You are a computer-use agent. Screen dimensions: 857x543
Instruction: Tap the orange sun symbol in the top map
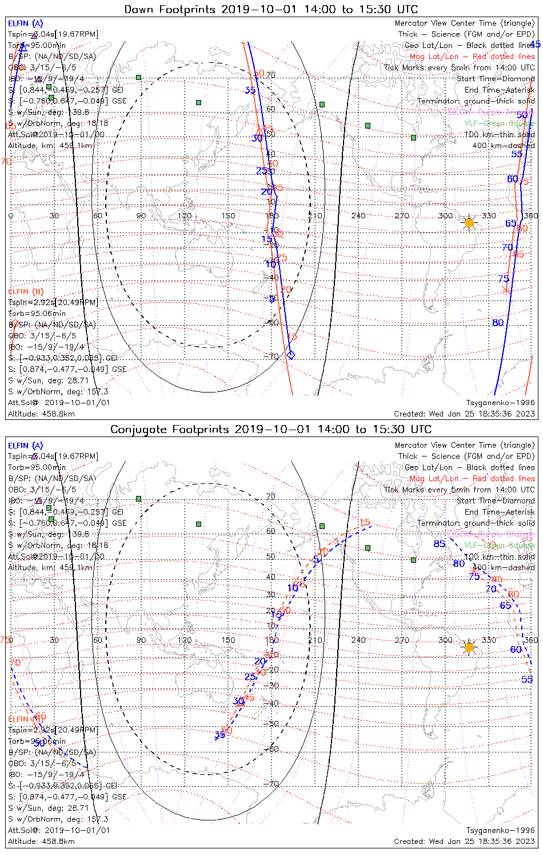click(469, 223)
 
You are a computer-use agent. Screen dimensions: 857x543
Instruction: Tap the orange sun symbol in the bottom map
click(469, 647)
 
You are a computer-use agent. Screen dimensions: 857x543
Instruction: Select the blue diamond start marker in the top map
click(290, 355)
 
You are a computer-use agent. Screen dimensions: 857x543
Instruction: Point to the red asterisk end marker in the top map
click(506, 290)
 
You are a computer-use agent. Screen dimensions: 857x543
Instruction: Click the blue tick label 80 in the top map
click(498, 323)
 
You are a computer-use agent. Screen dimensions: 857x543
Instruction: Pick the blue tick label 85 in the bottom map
click(439, 544)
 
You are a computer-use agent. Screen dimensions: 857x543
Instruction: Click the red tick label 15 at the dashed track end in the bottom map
click(364, 523)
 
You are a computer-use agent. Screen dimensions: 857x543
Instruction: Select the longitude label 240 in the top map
click(358, 215)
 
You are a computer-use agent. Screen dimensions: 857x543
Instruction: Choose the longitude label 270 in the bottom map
click(402, 640)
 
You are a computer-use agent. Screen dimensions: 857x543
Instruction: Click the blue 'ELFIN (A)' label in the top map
click(25, 23)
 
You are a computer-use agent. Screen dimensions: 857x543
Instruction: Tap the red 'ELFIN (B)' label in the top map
click(25, 291)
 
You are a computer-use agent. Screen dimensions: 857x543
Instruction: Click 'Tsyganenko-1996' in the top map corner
click(501, 403)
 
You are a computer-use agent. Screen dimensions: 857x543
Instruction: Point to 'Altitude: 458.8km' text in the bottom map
click(41, 841)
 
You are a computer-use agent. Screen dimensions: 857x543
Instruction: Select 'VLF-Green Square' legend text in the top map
click(499, 123)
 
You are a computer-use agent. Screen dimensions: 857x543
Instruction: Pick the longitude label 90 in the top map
click(141, 215)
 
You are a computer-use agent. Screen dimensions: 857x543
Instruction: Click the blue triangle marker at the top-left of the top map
click(22, 47)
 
